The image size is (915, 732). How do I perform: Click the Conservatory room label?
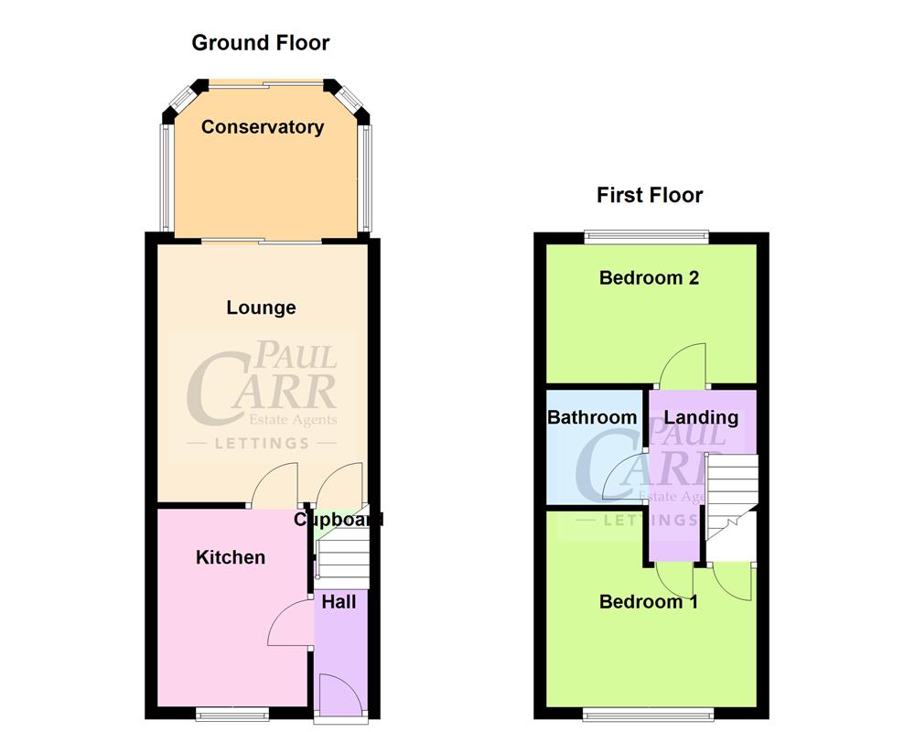[x=263, y=127]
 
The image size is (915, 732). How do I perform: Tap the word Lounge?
[x=262, y=308]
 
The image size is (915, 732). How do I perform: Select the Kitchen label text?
[x=231, y=557]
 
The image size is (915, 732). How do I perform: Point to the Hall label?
[x=339, y=601]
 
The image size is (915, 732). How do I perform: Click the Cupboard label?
[x=338, y=520]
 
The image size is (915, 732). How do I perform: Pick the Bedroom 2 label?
[x=649, y=277]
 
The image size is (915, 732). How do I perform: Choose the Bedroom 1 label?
[x=649, y=602]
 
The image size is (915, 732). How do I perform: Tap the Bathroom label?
[x=592, y=417]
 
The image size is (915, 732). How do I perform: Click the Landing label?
[x=701, y=417]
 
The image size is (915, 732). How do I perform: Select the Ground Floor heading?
[x=261, y=42]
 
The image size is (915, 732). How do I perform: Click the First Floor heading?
[x=650, y=195]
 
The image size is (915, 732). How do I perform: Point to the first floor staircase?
[x=732, y=503]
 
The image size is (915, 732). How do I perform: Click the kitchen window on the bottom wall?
[x=221, y=714]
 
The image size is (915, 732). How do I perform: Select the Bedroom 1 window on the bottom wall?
[x=649, y=714]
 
